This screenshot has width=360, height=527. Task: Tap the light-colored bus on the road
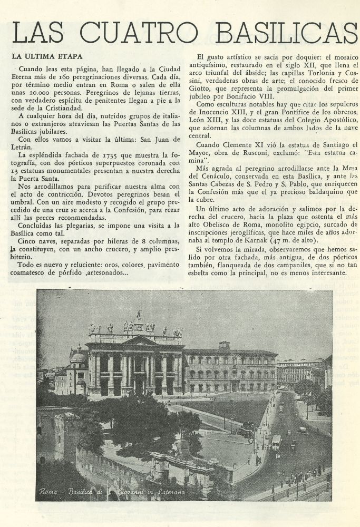tap(276, 442)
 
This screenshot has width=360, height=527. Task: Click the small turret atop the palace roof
tap(225, 345)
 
